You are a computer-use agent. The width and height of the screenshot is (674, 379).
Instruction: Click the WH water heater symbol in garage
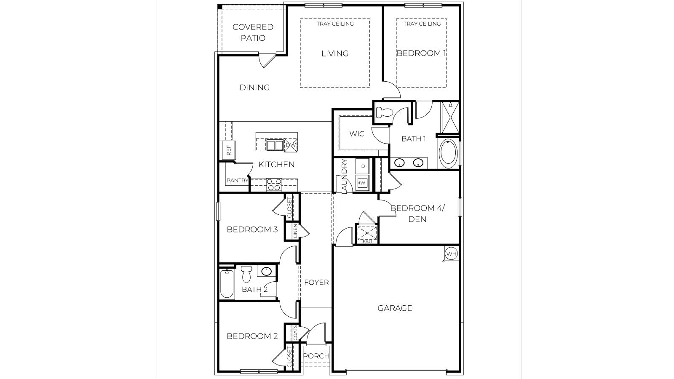[451, 254]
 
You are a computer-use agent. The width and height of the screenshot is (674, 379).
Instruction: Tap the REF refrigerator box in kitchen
[229, 150]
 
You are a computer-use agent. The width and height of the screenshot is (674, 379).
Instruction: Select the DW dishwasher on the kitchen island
[291, 145]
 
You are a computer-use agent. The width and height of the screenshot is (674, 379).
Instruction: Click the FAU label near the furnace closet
[367, 242]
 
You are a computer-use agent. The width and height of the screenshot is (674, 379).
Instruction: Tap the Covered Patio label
[253, 32]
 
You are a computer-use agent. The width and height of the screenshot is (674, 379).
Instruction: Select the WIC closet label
[356, 133]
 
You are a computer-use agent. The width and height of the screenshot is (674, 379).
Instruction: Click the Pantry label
[237, 181]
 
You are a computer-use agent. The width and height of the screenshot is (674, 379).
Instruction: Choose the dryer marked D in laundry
[363, 166]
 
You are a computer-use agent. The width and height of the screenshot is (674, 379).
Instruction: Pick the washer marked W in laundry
[362, 183]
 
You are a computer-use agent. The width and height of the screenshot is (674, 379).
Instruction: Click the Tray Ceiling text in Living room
[335, 24]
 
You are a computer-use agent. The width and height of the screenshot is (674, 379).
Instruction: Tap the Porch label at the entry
[316, 356]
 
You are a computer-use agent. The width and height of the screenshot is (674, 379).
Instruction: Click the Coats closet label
[295, 333]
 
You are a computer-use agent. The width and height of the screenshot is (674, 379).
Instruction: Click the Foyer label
[316, 282]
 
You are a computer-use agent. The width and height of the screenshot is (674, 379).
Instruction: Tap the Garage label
[395, 308]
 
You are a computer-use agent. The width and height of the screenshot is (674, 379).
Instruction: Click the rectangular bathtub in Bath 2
[227, 285]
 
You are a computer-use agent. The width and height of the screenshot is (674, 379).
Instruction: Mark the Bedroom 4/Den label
[417, 214]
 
